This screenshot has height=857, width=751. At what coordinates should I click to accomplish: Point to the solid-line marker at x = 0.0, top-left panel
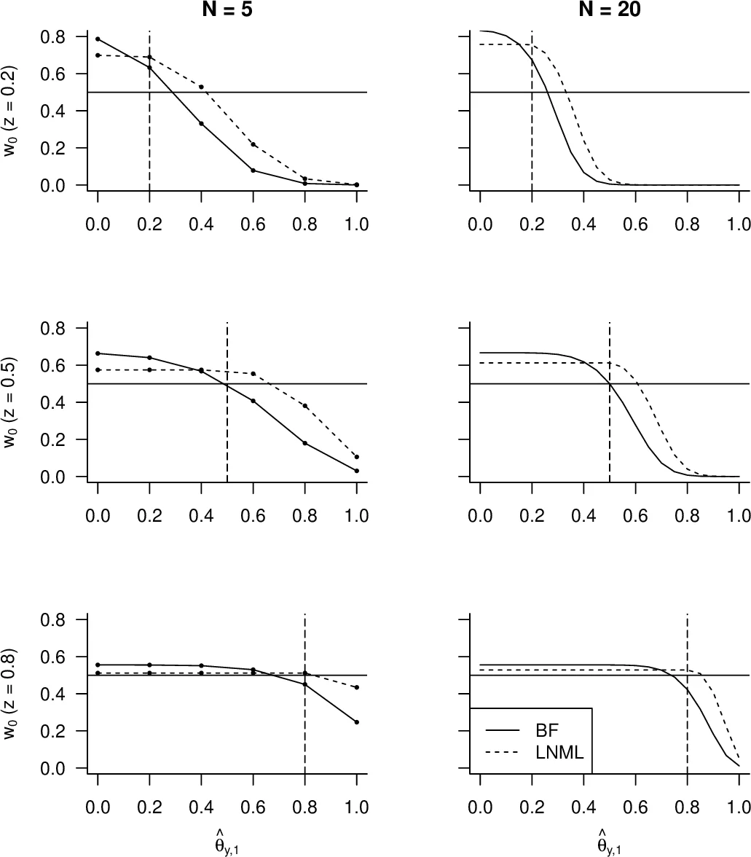pyautogui.click(x=98, y=39)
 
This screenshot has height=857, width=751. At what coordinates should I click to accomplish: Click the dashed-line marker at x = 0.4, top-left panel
pyautogui.click(x=201, y=87)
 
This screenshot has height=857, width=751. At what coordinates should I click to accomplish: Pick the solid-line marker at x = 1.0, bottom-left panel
pyautogui.click(x=357, y=722)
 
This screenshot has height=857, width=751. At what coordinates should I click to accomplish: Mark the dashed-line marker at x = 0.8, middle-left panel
pyautogui.click(x=305, y=406)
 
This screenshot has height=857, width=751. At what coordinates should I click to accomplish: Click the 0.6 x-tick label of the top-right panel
pyautogui.click(x=635, y=224)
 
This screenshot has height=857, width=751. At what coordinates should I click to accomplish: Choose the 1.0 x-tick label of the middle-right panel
pyautogui.click(x=738, y=515)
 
